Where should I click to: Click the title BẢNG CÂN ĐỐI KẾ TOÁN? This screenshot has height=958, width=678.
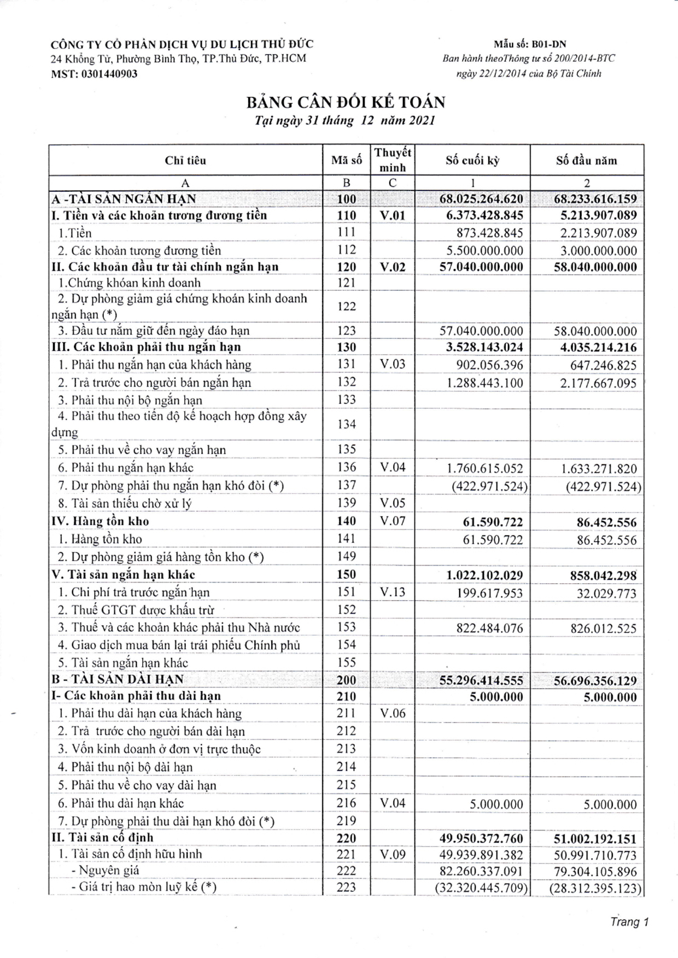[x=345, y=102]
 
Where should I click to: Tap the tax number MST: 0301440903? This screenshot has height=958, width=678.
[x=93, y=74]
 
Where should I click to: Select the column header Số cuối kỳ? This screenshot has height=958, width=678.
[x=472, y=161]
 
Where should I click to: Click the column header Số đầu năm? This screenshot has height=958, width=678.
[x=586, y=161]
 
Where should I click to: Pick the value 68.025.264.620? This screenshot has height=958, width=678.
[x=481, y=199]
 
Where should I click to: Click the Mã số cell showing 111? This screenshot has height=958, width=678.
[x=346, y=232]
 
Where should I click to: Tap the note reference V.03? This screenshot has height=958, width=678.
[x=392, y=364]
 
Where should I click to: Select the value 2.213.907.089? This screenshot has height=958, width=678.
[x=598, y=233]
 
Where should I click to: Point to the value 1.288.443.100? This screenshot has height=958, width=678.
[x=484, y=383]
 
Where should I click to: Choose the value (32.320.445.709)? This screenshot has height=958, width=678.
[x=481, y=888]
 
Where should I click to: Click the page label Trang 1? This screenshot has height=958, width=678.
[x=629, y=922]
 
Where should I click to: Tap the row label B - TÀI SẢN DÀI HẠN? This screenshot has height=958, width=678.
[x=118, y=679]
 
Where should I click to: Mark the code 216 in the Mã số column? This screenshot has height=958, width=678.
[x=346, y=803]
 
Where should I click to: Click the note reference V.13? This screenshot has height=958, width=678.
[x=392, y=592]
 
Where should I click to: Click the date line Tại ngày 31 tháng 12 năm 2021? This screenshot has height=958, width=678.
[x=345, y=121]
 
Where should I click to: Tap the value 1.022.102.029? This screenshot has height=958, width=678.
[x=484, y=575]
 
